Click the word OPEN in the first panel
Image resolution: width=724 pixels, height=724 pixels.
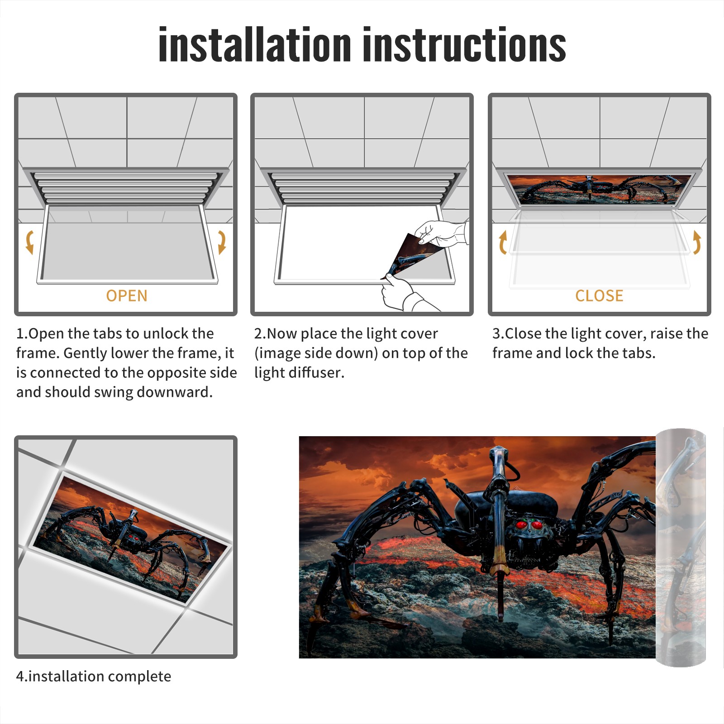click(x=127, y=295)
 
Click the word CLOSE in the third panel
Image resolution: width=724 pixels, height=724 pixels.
click(x=599, y=295)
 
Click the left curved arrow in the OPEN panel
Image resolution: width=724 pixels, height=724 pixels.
click(x=29, y=242)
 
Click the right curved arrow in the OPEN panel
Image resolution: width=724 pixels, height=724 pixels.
click(x=222, y=242)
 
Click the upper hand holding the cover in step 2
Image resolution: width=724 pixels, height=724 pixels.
click(x=442, y=233)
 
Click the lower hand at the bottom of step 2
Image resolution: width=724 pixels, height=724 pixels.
click(x=405, y=294)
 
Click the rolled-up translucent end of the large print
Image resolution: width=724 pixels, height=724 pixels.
click(x=681, y=548)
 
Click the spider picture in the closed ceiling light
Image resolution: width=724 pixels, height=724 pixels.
click(x=600, y=189)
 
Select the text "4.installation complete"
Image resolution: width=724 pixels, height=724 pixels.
click(x=94, y=676)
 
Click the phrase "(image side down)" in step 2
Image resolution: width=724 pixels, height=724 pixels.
click(x=316, y=353)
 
